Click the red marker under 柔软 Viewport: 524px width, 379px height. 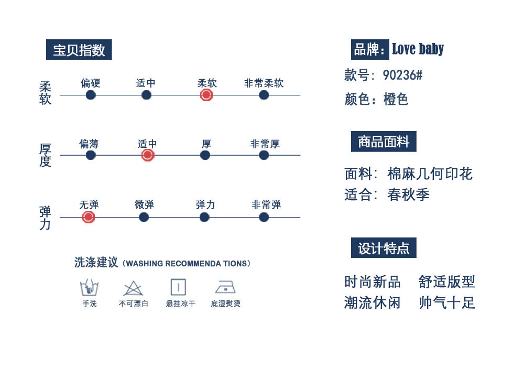[x=206, y=95]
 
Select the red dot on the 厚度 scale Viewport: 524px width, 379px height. [x=148, y=155]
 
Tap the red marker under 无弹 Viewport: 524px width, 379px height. [x=89, y=217]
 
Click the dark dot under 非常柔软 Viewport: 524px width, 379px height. [x=264, y=95]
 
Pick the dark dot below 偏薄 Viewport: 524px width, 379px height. [x=91, y=155]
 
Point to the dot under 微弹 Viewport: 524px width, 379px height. [x=144, y=217]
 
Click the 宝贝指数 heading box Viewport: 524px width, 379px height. [x=79, y=50]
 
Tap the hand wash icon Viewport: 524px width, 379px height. [x=89, y=288]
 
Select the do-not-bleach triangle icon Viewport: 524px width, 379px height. [x=133, y=288]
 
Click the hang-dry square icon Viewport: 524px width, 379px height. [x=178, y=287]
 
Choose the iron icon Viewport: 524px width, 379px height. [x=225, y=287]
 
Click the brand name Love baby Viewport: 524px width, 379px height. [x=418, y=49]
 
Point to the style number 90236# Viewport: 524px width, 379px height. [x=402, y=75]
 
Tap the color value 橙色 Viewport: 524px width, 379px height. [x=396, y=99]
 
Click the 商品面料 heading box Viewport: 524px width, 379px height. [x=384, y=142]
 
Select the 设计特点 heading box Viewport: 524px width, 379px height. [x=384, y=248]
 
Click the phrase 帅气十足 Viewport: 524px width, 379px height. [x=447, y=303]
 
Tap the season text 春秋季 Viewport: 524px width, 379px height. [x=409, y=195]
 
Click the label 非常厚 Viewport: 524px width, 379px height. [x=265, y=144]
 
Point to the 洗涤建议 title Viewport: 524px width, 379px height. [x=96, y=263]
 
